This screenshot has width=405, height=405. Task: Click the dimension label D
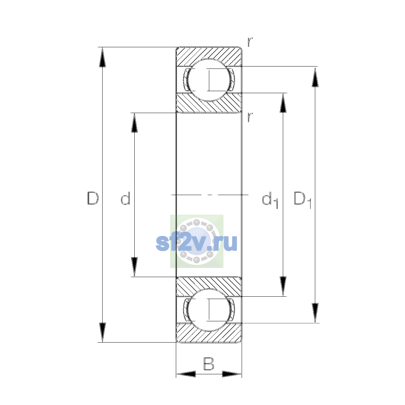pos(93,198)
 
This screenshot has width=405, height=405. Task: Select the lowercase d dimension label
pos(126,198)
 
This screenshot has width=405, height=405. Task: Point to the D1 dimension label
pos(303,200)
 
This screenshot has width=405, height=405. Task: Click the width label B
pos(209,364)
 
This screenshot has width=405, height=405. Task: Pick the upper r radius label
pos(250,42)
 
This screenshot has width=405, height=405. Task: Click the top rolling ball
pos(209,80)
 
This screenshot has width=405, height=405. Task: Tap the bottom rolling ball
pos(209,310)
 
